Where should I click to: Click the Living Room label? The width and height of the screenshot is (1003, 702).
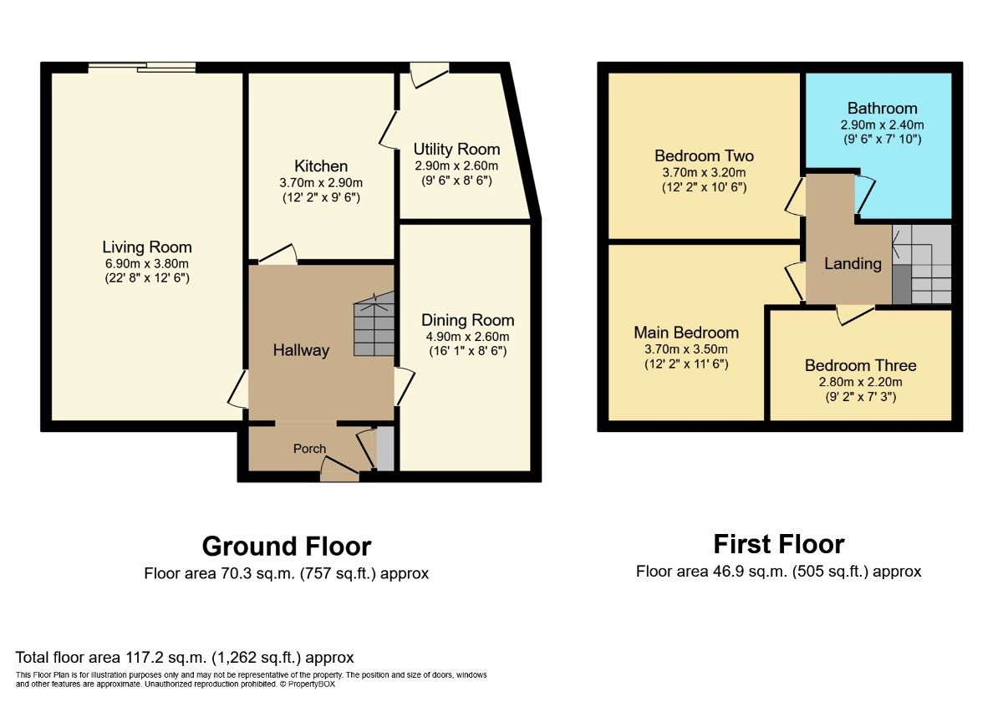pos(147,247)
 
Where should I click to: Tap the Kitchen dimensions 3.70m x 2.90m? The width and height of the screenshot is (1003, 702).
pos(321,183)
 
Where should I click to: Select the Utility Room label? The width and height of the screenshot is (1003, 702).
pos(456,150)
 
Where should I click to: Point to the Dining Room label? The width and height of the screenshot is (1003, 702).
pos(467,320)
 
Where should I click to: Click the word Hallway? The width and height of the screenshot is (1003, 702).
pos(301,350)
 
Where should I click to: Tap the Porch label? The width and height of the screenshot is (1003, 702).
pos(309,449)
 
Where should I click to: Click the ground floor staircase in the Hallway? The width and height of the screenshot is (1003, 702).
pos(374,325)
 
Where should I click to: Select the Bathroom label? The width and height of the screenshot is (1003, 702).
pos(882,109)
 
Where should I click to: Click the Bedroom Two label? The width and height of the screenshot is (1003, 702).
pos(704,156)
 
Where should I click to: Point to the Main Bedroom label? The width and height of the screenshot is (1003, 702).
pos(686,333)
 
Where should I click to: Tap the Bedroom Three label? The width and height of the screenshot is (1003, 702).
pos(860,365)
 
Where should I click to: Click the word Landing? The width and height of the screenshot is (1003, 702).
pos(853,264)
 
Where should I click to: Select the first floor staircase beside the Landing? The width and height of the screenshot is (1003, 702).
pos(923,265)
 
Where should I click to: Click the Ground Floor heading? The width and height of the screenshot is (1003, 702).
pos(287,547)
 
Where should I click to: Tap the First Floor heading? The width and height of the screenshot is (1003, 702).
pos(779,545)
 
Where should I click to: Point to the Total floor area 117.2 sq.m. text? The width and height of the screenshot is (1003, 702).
pos(185,658)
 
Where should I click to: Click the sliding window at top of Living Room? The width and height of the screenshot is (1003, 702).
pos(143,68)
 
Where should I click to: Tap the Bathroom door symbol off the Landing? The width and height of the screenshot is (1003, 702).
pos(863,195)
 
